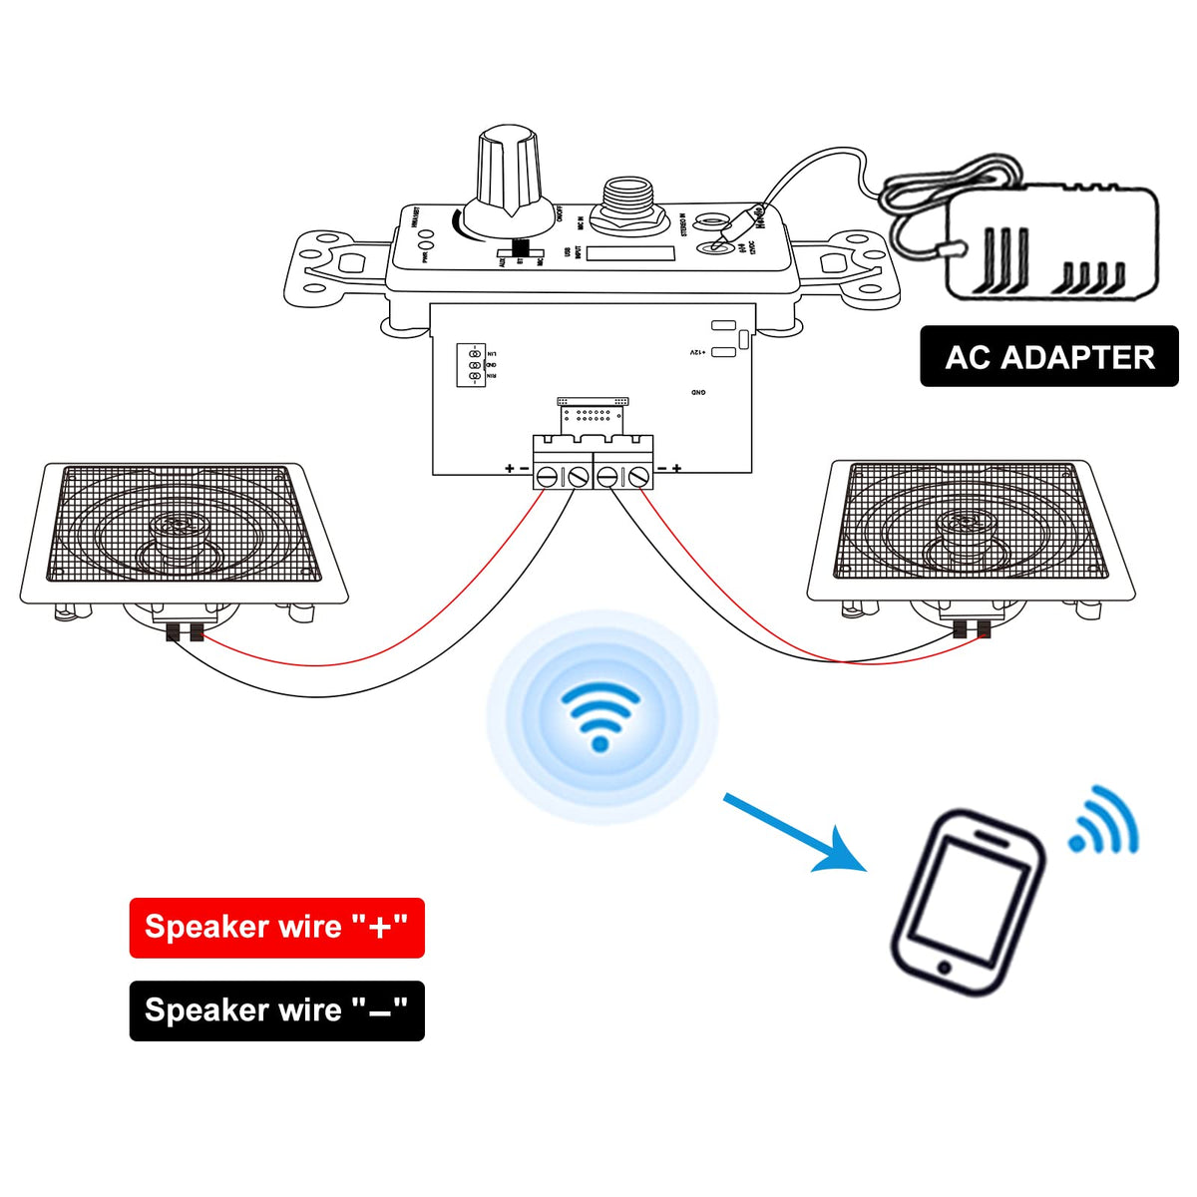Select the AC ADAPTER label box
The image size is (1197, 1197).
coord(1048,357)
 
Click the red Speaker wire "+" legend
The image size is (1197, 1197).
coord(276,928)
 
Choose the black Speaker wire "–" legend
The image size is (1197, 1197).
coord(276,1010)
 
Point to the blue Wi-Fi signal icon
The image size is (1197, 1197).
coord(600,714)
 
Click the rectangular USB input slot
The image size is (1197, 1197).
coord(630,253)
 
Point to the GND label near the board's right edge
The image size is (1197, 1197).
coord(698,393)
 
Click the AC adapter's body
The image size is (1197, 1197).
coord(1052,244)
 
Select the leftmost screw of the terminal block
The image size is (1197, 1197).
coord(547,478)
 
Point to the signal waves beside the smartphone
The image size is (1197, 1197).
coord(1105,824)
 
